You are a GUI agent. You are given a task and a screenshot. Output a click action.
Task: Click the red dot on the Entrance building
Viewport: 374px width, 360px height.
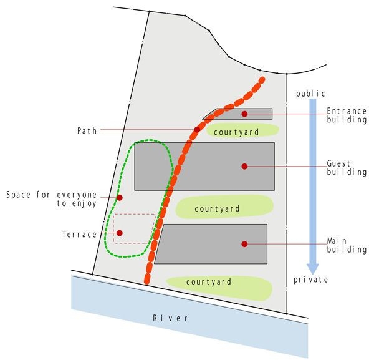[244, 114]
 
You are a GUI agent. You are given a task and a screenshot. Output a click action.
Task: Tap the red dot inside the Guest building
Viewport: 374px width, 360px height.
[244, 167]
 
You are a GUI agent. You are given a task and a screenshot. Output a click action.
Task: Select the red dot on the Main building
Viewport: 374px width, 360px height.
[244, 244]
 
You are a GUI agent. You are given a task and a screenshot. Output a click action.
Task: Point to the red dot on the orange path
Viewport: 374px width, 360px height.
[197, 130]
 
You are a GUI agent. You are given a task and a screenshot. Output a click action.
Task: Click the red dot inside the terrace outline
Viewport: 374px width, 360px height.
[120, 233]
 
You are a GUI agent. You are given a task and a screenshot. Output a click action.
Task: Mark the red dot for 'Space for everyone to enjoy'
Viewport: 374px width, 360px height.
[120, 198]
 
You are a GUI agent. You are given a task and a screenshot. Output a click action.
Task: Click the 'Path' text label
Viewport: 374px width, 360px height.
[87, 131]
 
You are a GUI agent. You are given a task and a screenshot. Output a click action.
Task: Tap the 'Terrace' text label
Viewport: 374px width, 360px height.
[79, 235]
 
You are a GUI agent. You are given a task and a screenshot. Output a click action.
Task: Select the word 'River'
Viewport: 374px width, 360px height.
[170, 318]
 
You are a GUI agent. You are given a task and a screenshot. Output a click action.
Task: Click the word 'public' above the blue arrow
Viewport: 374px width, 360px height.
[310, 94]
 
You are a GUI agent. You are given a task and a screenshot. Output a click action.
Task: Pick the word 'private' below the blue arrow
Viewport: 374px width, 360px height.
[311, 280]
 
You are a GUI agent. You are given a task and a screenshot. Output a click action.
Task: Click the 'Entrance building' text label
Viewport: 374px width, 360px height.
[347, 115]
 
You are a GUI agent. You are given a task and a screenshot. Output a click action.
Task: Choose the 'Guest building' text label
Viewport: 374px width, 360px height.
[347, 168]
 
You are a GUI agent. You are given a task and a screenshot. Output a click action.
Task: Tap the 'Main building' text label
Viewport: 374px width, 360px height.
[347, 245]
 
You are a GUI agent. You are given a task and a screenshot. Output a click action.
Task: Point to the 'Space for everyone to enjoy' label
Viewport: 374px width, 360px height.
[51, 199]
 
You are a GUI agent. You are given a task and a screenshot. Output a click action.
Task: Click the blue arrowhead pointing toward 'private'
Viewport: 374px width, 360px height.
[313, 268]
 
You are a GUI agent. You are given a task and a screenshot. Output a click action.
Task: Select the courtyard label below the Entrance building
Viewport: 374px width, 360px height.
[236, 132]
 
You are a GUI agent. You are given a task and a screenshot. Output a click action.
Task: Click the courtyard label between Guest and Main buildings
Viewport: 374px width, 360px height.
[217, 208]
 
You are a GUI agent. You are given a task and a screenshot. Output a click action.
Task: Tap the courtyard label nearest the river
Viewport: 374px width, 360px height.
[209, 281]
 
